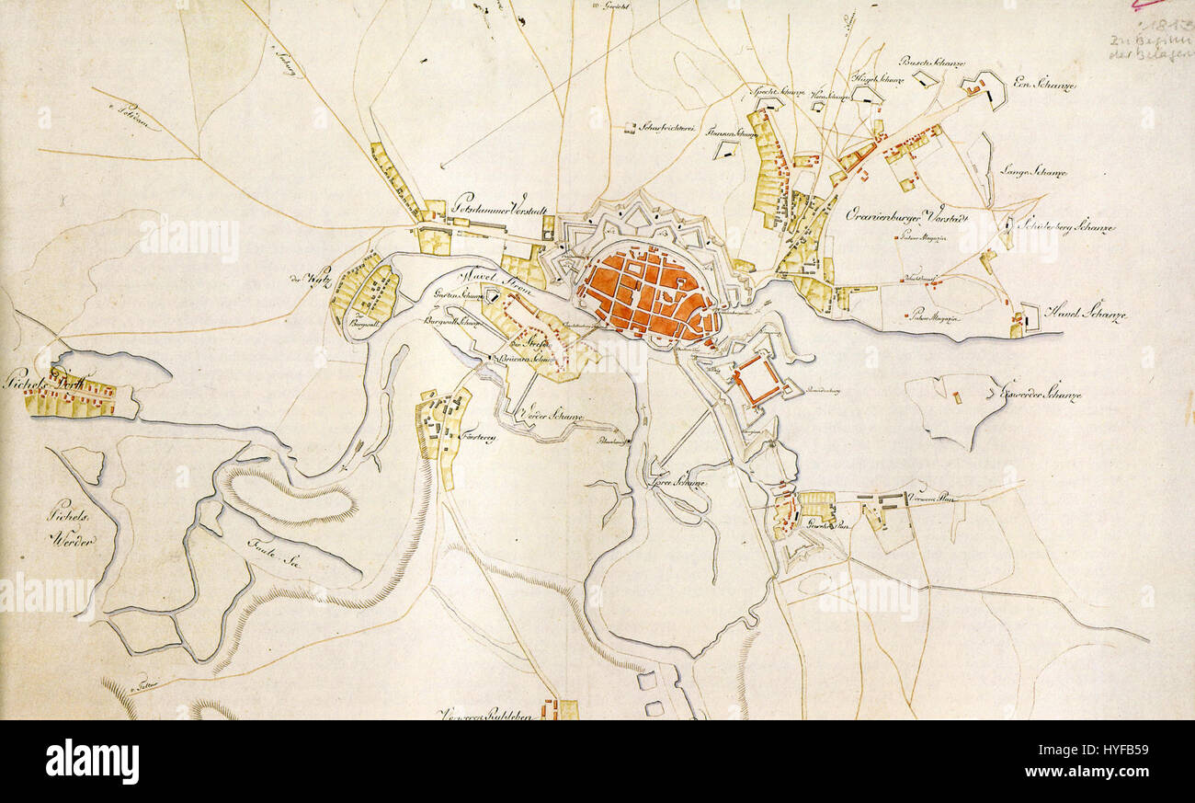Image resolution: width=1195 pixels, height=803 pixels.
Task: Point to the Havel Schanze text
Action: coord(1074,315)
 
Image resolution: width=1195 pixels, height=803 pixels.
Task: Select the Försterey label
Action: coord(478,439)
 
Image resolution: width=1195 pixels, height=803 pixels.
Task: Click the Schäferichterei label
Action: coord(666,128)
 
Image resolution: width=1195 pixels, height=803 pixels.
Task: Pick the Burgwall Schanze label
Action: coord(454,322)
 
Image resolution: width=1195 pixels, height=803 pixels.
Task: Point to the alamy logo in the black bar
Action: coord(93,762)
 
